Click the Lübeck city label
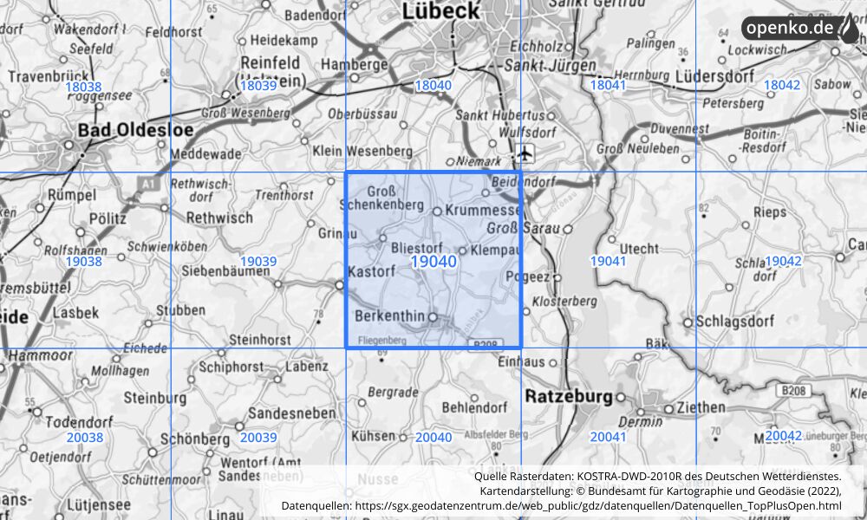(440, 10)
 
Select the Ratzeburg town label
(569, 396)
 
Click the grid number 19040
(433, 262)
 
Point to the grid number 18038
(83, 87)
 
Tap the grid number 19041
(608, 261)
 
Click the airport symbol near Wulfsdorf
(525, 155)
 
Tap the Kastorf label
(371, 272)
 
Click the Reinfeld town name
(270, 63)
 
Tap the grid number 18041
(607, 85)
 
